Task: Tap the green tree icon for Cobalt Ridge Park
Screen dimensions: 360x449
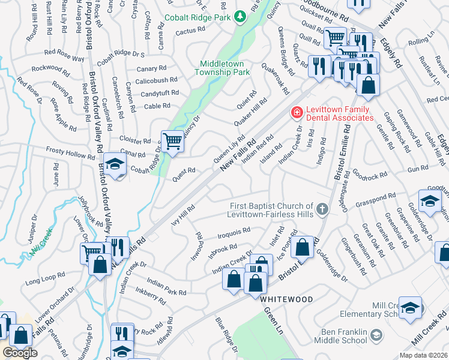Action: click(x=240, y=16)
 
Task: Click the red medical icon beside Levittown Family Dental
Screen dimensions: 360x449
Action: click(x=296, y=112)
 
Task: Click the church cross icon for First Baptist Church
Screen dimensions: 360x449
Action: click(x=322, y=209)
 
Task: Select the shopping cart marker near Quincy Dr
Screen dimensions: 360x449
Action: click(x=173, y=142)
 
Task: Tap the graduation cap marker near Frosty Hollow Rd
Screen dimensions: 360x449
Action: click(x=114, y=164)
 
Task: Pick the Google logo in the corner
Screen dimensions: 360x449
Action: click(x=20, y=353)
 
